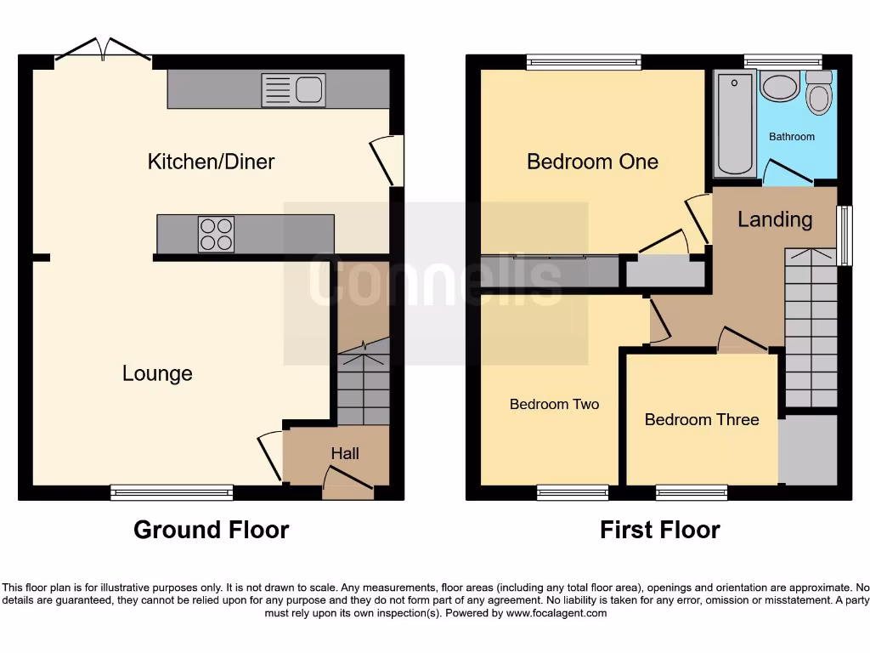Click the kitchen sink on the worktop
click(x=293, y=90)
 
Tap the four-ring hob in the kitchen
click(x=216, y=235)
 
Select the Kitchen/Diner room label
click(x=211, y=162)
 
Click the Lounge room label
click(x=157, y=373)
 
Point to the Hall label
click(x=345, y=454)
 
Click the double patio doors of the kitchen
click(x=104, y=51)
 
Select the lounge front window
click(x=172, y=492)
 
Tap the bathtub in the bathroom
click(x=734, y=124)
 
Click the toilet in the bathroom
click(x=819, y=94)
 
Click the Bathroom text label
click(x=792, y=137)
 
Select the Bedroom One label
click(x=592, y=162)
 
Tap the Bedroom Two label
click(x=554, y=405)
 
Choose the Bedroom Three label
click(x=702, y=420)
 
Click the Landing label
click(x=775, y=219)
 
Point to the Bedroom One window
click(x=584, y=61)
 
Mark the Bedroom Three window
click(x=692, y=492)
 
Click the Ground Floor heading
click(x=211, y=531)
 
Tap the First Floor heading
click(x=659, y=531)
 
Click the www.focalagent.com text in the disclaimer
click(x=557, y=613)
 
